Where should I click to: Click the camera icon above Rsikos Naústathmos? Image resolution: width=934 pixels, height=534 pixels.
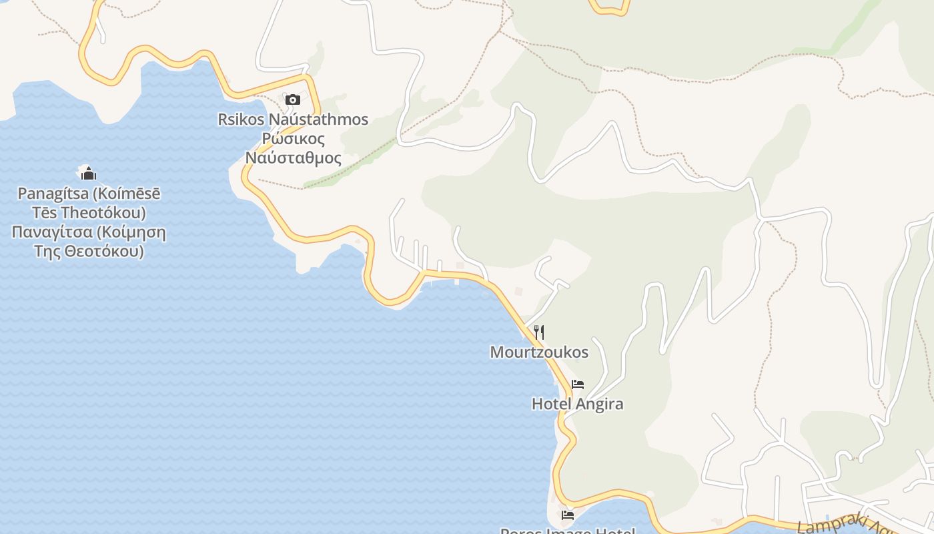pyautogui.click(x=292, y=100)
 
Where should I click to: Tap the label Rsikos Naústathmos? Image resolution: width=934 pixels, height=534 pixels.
pyautogui.click(x=293, y=119)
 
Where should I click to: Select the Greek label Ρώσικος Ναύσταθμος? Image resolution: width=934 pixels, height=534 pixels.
pyautogui.click(x=294, y=148)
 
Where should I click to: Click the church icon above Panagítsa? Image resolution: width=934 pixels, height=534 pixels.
pyautogui.click(x=88, y=174)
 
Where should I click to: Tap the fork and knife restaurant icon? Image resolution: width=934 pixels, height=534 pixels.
pyautogui.click(x=539, y=332)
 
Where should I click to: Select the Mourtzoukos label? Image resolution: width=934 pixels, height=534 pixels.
pyautogui.click(x=539, y=352)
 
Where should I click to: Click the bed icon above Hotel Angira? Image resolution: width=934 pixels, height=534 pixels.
pyautogui.click(x=578, y=384)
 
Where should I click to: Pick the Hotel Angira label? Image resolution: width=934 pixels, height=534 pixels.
pyautogui.click(x=577, y=404)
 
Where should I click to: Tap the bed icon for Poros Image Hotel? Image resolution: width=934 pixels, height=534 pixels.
pyautogui.click(x=568, y=515)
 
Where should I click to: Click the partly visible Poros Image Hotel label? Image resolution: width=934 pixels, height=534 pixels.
pyautogui.click(x=568, y=531)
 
